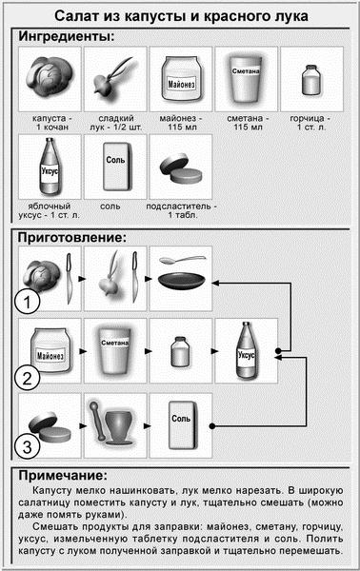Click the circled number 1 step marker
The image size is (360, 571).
(27, 302)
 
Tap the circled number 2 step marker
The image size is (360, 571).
(27, 378)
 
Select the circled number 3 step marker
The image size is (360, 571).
(27, 446)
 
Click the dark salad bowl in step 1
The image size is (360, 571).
(182, 282)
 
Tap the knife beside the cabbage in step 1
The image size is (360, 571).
(70, 279)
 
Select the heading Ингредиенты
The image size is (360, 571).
(67, 36)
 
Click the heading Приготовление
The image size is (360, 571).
(72, 237)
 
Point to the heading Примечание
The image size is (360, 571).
(63, 475)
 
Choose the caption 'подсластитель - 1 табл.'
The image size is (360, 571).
(182, 210)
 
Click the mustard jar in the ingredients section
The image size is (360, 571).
(311, 79)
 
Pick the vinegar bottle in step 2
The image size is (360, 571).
(247, 349)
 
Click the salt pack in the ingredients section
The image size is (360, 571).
(116, 167)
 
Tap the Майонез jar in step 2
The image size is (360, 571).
(50, 350)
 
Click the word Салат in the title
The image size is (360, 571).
(76, 16)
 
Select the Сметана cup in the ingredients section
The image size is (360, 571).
(246, 79)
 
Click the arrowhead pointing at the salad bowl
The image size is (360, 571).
(215, 283)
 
